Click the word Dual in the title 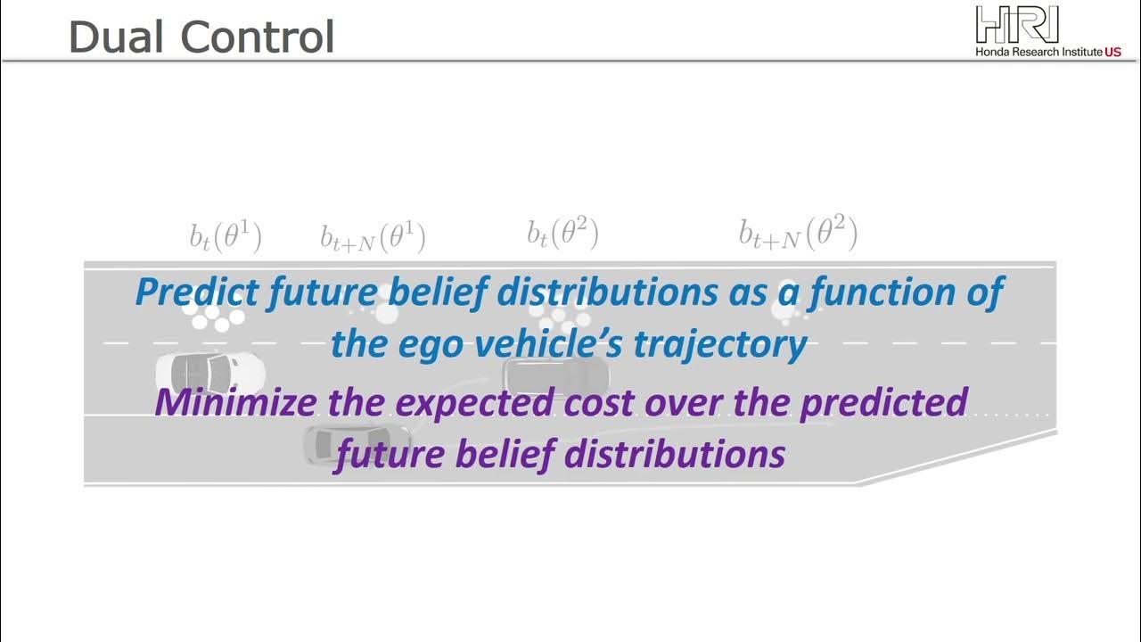(116, 37)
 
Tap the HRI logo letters (1017, 24)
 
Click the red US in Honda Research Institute (1112, 53)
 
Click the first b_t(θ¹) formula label (225, 236)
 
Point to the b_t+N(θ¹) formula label (373, 237)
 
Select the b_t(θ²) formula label (562, 235)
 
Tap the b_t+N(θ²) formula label (798, 234)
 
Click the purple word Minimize (234, 402)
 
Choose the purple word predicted (883, 402)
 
